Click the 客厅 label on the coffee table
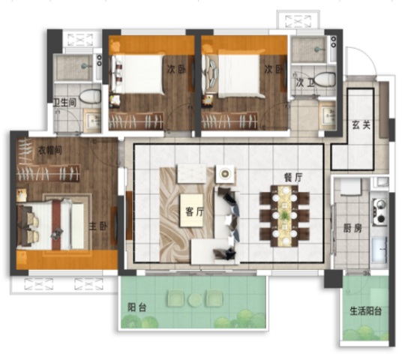[194, 211]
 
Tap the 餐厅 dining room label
[293, 178]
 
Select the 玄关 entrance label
[361, 125]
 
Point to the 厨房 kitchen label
[352, 229]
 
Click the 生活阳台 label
[365, 311]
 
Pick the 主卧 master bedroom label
[97, 226]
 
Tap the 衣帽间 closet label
[50, 151]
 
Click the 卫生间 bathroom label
[64, 103]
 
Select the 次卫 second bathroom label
[304, 83]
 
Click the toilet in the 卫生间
[90, 96]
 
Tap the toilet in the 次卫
[325, 79]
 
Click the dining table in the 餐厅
[285, 216]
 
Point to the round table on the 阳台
[195, 299]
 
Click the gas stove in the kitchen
[379, 211]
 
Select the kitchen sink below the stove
[379, 250]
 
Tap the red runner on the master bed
[58, 225]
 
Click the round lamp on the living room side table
[223, 173]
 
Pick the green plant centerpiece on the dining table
[285, 214]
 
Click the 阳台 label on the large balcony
[136, 307]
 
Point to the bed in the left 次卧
[138, 73]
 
